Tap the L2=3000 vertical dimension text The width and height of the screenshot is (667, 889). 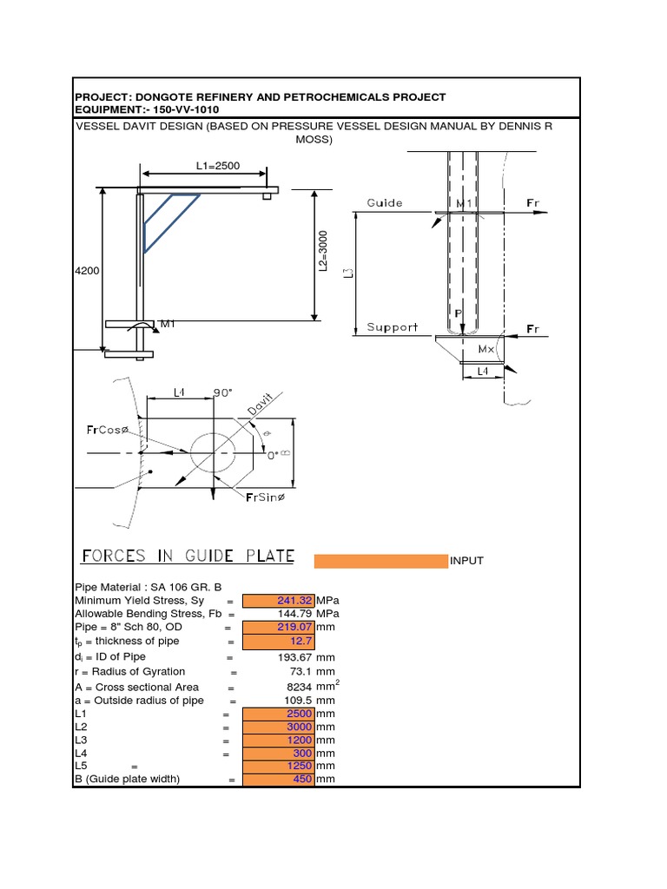click(x=322, y=251)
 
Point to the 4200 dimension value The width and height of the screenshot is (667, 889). click(x=87, y=271)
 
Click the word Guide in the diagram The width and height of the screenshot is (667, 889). click(x=384, y=203)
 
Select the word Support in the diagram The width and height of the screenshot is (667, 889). click(x=392, y=327)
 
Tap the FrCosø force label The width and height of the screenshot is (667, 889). click(x=107, y=429)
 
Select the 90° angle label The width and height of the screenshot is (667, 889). click(x=224, y=392)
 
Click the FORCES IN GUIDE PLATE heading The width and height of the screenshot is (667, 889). click(x=188, y=556)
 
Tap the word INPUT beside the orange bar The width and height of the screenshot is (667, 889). click(x=466, y=561)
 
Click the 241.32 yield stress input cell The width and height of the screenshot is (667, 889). click(x=279, y=600)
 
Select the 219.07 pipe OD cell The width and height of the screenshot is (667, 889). click(x=279, y=626)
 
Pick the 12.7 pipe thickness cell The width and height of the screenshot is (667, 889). click(x=279, y=642)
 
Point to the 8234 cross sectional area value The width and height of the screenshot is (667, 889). click(x=297, y=687)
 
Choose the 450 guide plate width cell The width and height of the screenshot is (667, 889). click(x=279, y=779)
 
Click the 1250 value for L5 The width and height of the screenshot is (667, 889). click(x=279, y=766)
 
